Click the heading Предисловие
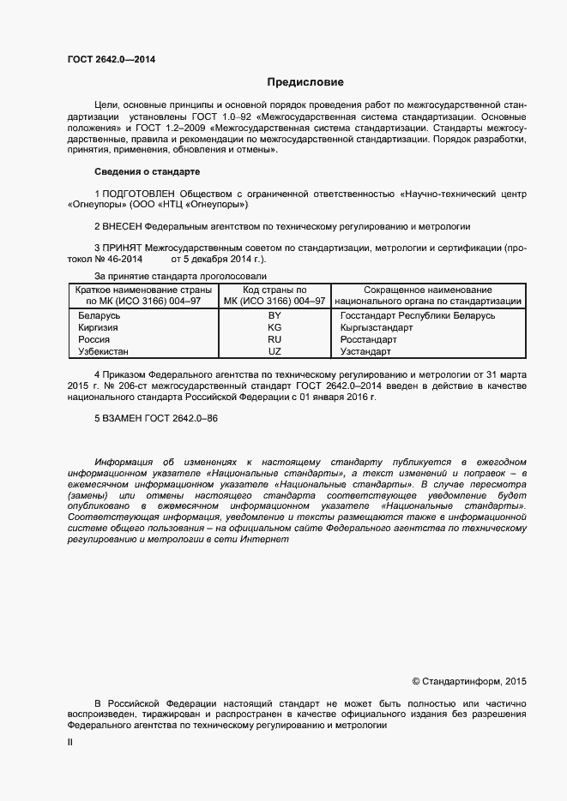305,83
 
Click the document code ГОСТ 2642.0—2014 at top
112,59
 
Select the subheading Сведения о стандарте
147,171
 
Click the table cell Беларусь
99,316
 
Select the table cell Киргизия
99,328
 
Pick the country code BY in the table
274,316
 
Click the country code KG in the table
274,328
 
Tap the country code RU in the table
274,340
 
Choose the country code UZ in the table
274,352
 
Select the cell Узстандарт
365,352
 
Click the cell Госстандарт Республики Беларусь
418,316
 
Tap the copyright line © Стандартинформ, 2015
468,682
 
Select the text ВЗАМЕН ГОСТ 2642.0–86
160,417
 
